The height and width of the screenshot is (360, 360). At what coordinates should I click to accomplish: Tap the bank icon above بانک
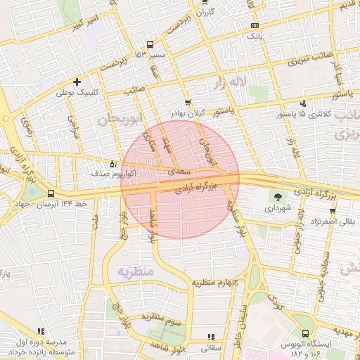click(254, 25)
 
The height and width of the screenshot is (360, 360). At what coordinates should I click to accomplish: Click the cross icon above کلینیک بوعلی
click(77, 82)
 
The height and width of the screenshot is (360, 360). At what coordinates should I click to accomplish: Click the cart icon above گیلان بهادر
click(187, 103)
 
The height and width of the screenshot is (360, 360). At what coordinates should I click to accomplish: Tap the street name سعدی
click(181, 171)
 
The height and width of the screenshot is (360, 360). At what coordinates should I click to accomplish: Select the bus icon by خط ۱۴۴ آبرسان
click(51, 193)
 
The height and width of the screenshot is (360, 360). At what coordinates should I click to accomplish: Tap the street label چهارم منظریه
click(215, 282)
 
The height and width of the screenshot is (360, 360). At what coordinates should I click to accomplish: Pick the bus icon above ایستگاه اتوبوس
click(304, 334)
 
